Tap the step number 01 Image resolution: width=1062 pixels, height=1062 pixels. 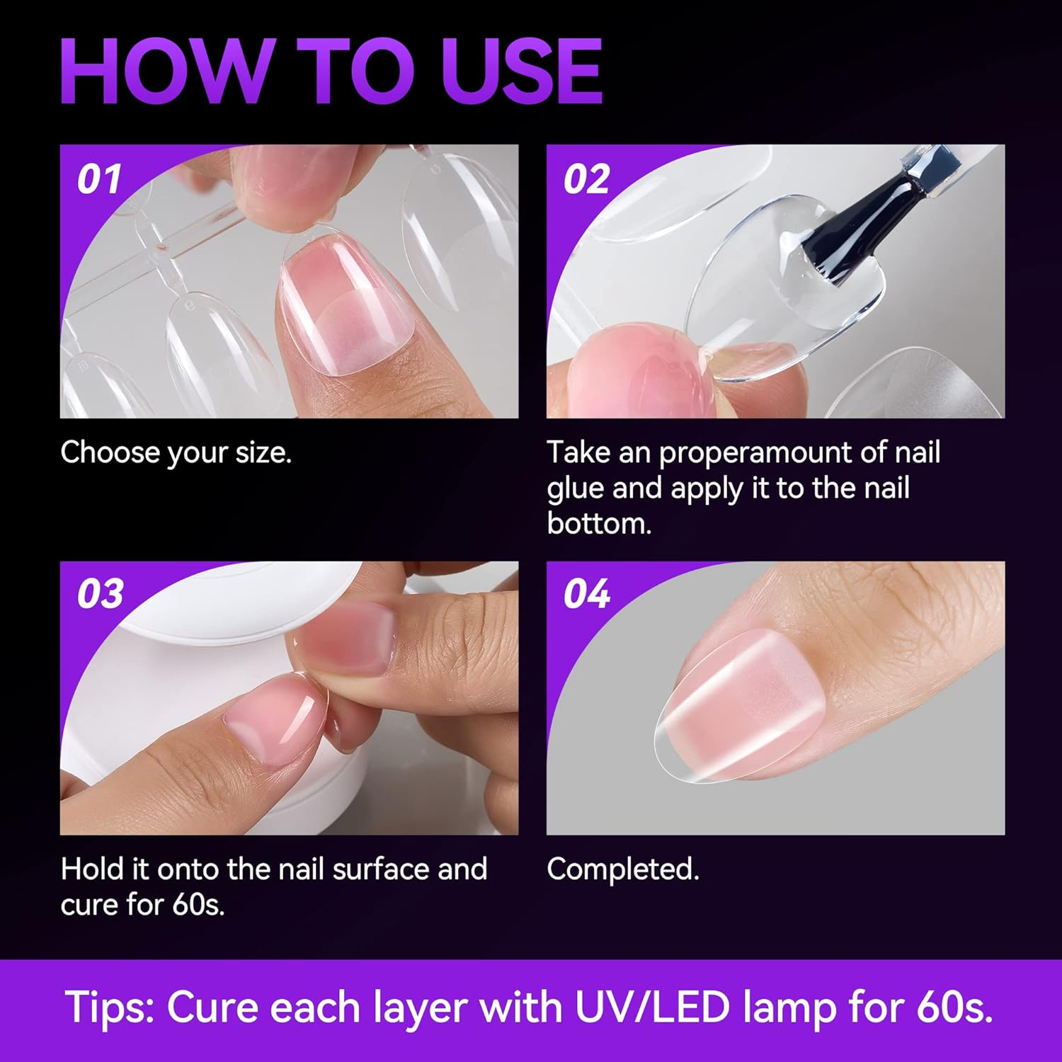(x=99, y=178)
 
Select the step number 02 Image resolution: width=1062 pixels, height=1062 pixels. (x=586, y=178)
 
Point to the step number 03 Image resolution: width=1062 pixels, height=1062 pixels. (x=100, y=593)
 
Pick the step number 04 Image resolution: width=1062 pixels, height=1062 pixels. (x=586, y=593)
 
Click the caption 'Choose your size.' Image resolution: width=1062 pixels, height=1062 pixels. (x=176, y=452)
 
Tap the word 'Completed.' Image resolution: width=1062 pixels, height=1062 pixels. (x=623, y=869)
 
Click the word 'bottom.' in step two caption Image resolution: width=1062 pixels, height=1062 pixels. (x=599, y=524)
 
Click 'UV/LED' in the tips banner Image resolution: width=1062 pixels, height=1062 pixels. (x=652, y=1007)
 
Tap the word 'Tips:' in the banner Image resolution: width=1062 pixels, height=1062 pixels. (x=110, y=1007)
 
